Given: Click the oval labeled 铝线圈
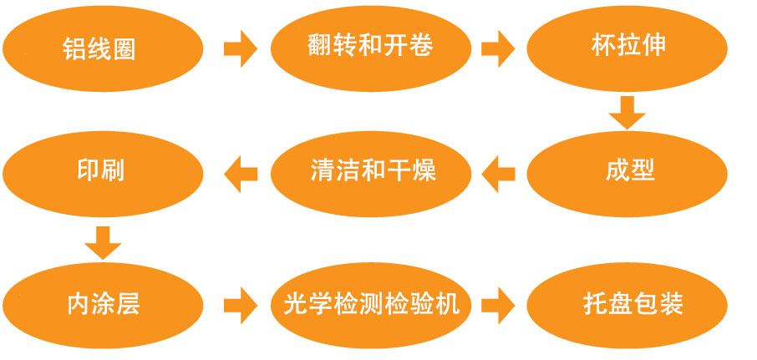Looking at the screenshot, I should (103, 48).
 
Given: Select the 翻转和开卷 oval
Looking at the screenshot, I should (369, 47).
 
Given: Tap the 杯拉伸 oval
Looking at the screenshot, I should (628, 47).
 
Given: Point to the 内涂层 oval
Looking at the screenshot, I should (103, 302).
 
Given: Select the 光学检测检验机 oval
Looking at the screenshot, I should (368, 302).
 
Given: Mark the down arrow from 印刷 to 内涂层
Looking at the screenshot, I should (103, 241).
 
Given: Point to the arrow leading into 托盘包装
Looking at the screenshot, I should (498, 302).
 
